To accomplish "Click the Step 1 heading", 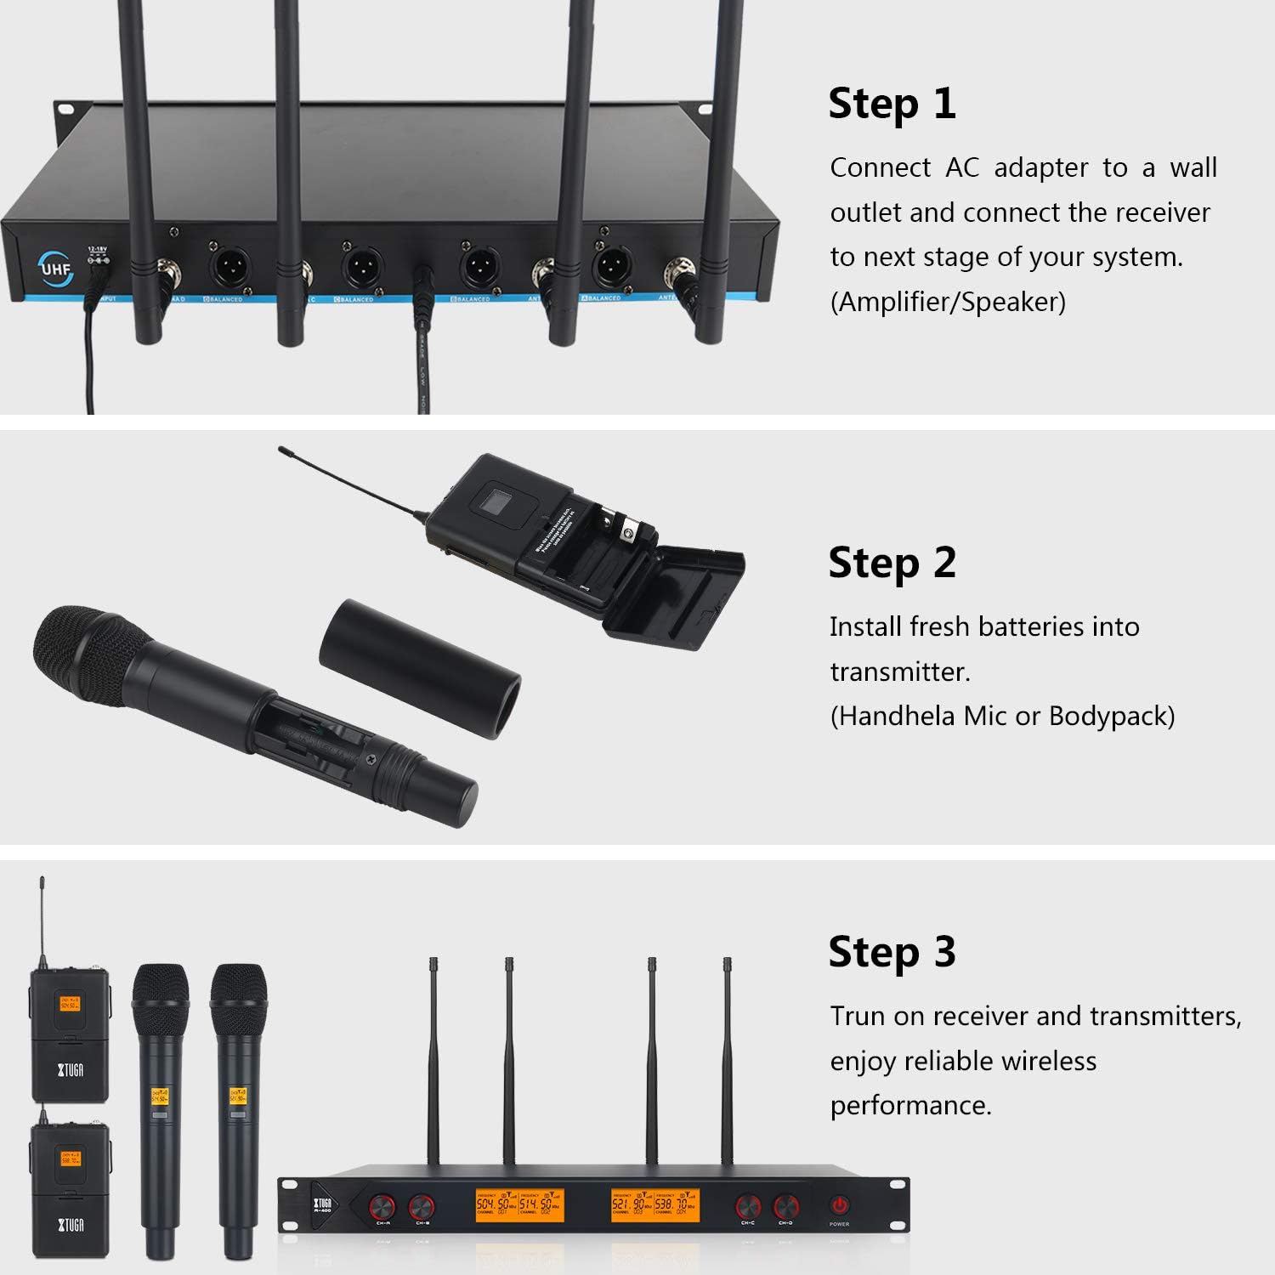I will [892, 104].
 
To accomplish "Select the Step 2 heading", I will [892, 563].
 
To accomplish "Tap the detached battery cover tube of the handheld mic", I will [420, 668].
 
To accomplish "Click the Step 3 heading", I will [892, 952].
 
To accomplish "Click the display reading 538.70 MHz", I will [677, 1206].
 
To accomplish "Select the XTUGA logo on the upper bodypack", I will [70, 1069].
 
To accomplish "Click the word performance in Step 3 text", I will [909, 1105].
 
